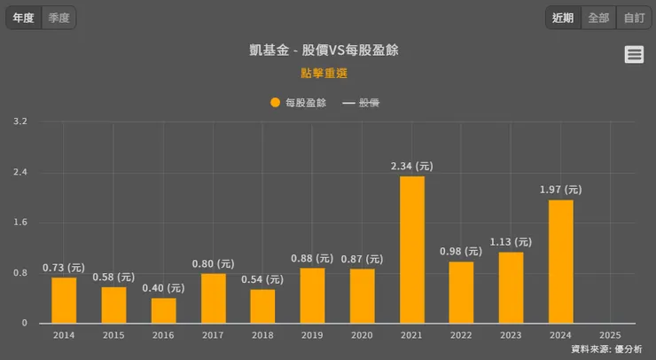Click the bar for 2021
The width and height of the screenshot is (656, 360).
pyautogui.click(x=411, y=249)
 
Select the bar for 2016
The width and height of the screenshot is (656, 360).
pyautogui.click(x=163, y=310)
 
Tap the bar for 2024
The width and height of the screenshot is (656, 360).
pyautogui.click(x=560, y=262)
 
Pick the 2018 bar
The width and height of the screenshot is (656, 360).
pyautogui.click(x=262, y=306)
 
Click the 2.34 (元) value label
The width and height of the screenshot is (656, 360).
pyautogui.click(x=411, y=166)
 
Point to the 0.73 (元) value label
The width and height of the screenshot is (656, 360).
pyautogui.click(x=64, y=267)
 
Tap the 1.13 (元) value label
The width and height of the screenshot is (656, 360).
pyautogui.click(x=511, y=241)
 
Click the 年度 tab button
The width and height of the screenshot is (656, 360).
pyautogui.click(x=24, y=18)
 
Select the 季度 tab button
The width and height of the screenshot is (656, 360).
pyautogui.click(x=59, y=18)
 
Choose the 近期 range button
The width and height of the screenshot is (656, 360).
pyautogui.click(x=563, y=18)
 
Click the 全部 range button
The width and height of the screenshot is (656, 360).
pyautogui.click(x=598, y=18)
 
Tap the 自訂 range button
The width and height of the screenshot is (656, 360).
pyautogui.click(x=634, y=18)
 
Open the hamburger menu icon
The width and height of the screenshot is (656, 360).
pyautogui.click(x=634, y=55)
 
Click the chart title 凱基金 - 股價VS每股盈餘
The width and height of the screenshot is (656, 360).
pyautogui.click(x=324, y=51)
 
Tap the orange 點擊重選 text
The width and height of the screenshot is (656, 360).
pyautogui.click(x=324, y=73)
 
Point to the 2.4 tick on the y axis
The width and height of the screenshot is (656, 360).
pyautogui.click(x=20, y=172)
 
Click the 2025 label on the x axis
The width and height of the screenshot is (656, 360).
pyautogui.click(x=610, y=335)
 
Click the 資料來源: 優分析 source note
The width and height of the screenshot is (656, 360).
pyautogui.click(x=606, y=349)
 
